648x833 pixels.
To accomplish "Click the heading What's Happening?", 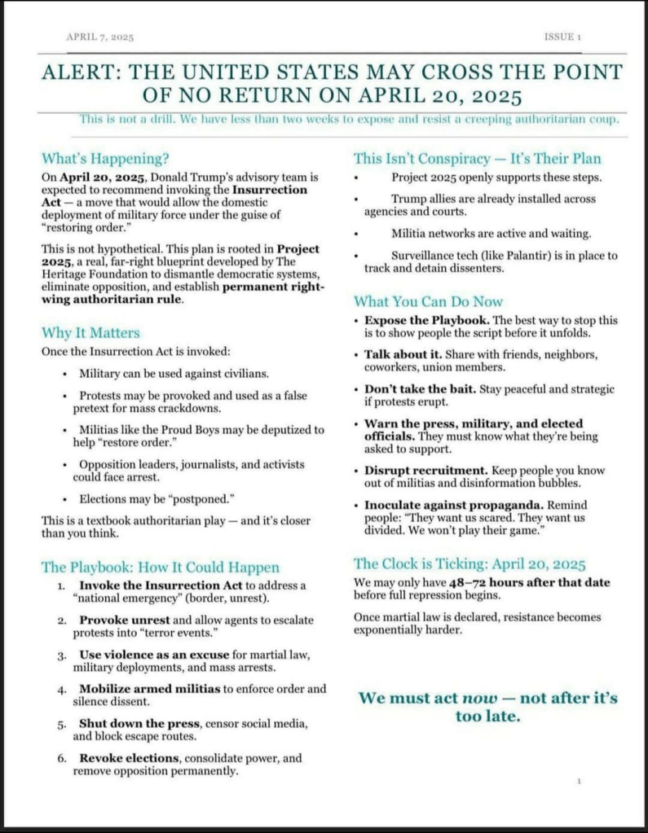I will point(106,158).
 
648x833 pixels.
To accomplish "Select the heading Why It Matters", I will point(90,332).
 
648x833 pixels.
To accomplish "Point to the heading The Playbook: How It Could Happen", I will point(161,567).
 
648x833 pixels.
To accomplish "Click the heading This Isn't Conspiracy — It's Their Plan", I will point(477,158).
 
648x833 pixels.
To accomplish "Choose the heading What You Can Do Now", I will point(428,301).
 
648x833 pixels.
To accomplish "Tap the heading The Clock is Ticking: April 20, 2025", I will point(469,563).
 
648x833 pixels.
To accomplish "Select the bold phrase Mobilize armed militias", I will point(150,689).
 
